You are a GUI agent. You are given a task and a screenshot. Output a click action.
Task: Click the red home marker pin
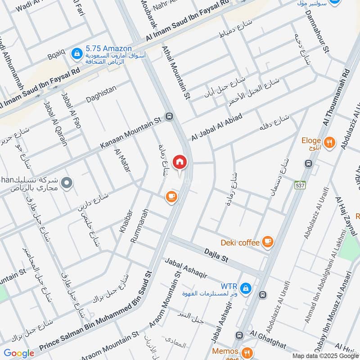tap(180, 162)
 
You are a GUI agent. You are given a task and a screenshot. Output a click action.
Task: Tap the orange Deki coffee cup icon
tap(268, 242)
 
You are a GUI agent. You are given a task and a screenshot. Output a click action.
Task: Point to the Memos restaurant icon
tap(246, 352)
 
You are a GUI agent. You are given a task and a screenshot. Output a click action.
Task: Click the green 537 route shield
tap(298, 185)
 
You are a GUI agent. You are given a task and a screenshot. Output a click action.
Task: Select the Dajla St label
tap(216, 257)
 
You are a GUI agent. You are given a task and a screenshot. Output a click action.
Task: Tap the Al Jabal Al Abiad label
tap(217, 127)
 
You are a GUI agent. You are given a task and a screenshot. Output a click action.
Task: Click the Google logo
tap(19, 353)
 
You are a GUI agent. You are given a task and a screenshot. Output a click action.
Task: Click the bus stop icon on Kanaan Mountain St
tap(169, 116)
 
